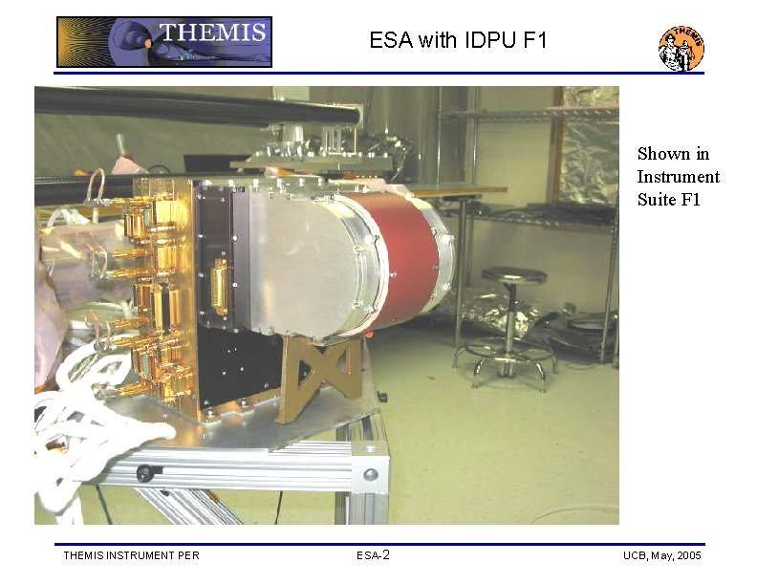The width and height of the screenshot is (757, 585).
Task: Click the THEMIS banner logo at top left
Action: pos(164,42)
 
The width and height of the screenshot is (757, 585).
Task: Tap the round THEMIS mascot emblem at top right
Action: pos(681,47)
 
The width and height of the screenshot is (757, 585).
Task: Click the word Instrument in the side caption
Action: pos(678,177)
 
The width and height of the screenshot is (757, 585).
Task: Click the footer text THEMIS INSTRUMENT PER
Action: pos(131,555)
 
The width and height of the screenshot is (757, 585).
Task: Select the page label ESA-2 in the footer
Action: pos(373,555)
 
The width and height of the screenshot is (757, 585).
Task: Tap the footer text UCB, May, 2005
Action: pos(660,555)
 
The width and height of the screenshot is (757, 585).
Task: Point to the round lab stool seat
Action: pos(513,275)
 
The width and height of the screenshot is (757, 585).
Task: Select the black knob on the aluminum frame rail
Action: pos(144,473)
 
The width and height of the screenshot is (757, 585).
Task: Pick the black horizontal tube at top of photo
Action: pos(191,104)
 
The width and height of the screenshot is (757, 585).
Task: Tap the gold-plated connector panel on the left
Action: pos(163,287)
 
